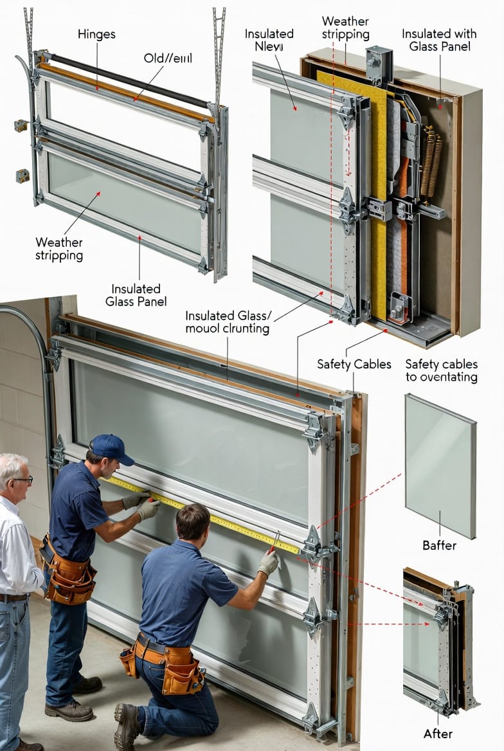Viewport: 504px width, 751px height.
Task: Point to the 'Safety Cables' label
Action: click(354, 365)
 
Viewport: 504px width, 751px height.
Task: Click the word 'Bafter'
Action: click(440, 545)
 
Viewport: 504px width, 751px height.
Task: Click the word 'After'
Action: click(437, 733)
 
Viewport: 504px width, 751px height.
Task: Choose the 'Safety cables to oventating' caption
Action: click(441, 370)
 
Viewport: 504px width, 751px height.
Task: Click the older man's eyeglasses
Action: click(22, 480)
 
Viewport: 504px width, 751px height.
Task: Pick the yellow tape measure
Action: click(206, 514)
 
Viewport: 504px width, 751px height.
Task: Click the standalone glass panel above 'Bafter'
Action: click(440, 464)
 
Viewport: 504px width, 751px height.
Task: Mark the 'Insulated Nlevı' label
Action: click(269, 40)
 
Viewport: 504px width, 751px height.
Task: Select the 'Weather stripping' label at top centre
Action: click(345, 28)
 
